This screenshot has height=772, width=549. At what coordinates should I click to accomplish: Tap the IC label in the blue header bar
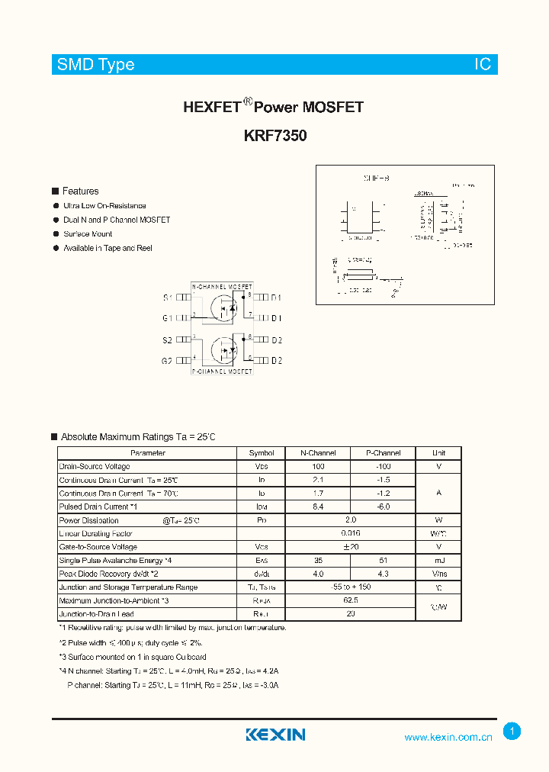[x=483, y=64]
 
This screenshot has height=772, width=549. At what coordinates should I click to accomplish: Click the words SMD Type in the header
[x=96, y=64]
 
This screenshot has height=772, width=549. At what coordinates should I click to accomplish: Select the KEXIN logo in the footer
[x=275, y=735]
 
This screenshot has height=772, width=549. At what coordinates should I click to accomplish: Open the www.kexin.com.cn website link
[x=448, y=737]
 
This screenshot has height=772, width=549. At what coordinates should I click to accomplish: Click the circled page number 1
[x=512, y=731]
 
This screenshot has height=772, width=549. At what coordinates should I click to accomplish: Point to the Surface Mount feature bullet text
[x=88, y=234]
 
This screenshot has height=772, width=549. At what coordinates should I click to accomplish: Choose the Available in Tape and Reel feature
[x=108, y=248]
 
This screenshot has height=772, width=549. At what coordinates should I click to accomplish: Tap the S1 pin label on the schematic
[x=168, y=298]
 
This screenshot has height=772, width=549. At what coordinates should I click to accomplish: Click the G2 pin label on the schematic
[x=167, y=361]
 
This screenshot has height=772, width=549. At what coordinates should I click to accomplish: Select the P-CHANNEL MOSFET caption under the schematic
[x=222, y=372]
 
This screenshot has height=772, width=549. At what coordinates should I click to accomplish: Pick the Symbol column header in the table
[x=262, y=453]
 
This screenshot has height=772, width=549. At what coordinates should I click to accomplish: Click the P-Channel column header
[x=383, y=453]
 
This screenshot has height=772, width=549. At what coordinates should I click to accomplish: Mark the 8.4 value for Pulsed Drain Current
[x=318, y=507]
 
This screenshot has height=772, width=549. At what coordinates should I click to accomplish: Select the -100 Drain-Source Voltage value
[x=383, y=466]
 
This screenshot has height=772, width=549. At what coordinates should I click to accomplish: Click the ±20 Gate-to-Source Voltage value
[x=351, y=547]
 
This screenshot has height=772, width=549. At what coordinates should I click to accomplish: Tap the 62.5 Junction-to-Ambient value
[x=351, y=600]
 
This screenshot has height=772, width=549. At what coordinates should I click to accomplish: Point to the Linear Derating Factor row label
[x=96, y=534]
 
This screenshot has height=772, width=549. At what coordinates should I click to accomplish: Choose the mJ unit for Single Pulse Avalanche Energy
[x=438, y=560]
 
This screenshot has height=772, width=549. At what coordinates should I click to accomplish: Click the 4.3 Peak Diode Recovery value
[x=383, y=574]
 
